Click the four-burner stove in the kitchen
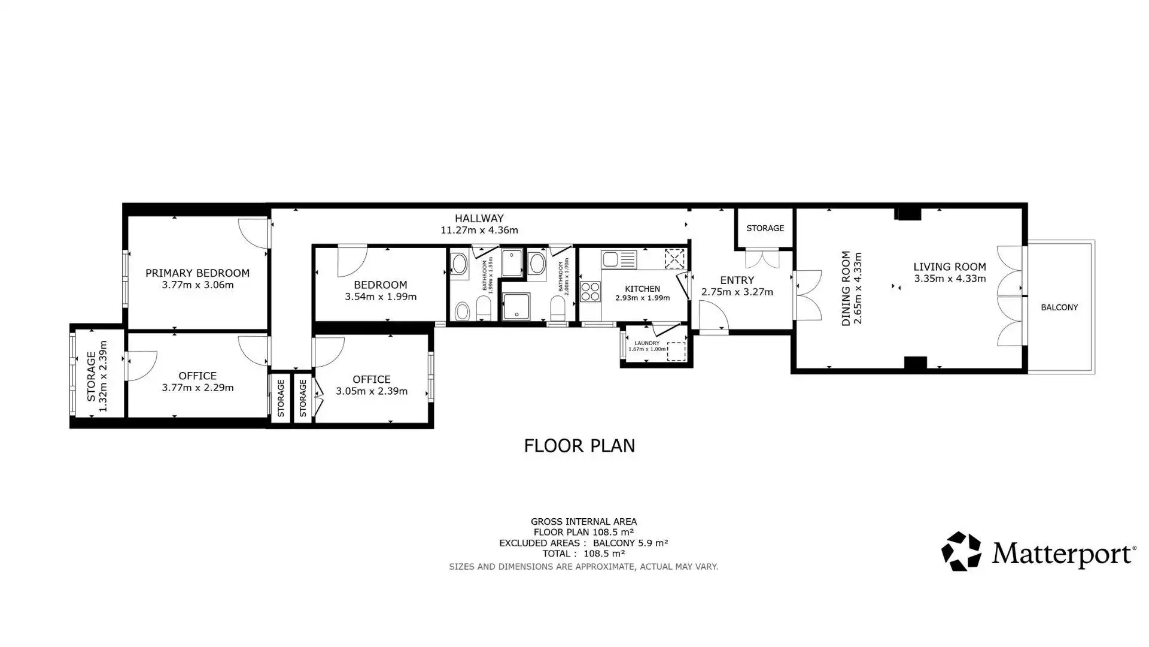(590, 291)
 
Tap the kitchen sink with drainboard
(619, 259)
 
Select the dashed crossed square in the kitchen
(674, 259)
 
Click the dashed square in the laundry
(676, 352)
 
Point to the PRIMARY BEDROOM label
(197, 273)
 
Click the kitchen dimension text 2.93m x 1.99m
(643, 298)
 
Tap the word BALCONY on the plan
(1059, 307)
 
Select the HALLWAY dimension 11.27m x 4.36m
(479, 230)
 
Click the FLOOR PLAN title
(579, 446)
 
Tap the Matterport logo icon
(961, 551)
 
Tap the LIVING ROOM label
(950, 267)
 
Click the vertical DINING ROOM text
(846, 289)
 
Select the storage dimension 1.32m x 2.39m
(103, 376)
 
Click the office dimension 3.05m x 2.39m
(372, 391)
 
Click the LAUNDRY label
(647, 343)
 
